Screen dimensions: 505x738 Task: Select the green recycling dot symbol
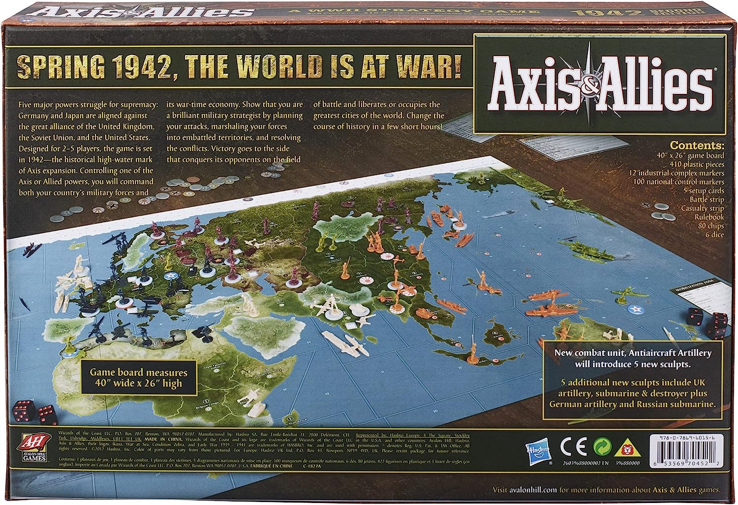602,447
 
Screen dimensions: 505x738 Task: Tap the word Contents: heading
697,146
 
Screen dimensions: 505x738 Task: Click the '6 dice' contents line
715,235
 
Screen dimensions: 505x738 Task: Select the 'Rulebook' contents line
709,217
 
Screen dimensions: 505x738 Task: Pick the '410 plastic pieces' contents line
697,164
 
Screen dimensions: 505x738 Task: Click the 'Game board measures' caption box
138,378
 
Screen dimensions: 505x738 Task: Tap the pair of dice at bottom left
34,413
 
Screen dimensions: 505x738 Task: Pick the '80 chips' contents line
711,226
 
